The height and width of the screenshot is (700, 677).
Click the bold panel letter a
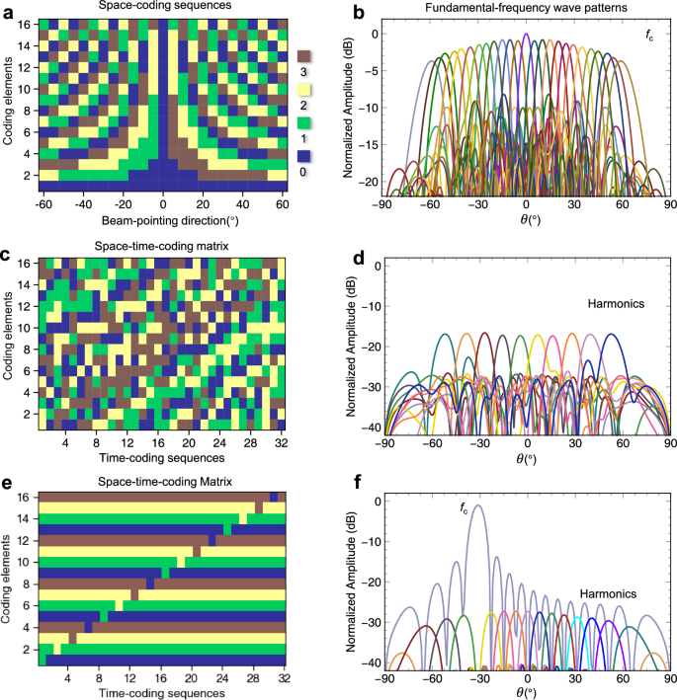(7, 8)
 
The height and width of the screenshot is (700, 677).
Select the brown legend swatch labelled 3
(305, 57)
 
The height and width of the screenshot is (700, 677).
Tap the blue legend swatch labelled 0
(305, 156)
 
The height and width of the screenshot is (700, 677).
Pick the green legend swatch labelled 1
(305, 123)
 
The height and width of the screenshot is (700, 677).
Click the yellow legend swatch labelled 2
(305, 91)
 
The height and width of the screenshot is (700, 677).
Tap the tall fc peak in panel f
(477, 507)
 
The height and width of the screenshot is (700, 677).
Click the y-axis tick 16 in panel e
(23, 496)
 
